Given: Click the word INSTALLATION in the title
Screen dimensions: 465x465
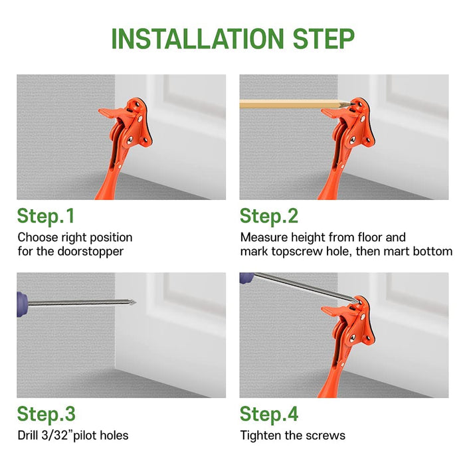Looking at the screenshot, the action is [x=197, y=39].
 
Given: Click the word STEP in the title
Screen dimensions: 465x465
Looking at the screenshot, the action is [x=324, y=39].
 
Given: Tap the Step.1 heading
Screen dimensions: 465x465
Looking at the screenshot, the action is [x=46, y=216].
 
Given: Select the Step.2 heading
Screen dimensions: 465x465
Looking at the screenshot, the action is [x=269, y=216].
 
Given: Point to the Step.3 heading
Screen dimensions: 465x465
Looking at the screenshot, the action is [x=46, y=414].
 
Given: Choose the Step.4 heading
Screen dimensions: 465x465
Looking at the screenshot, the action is [x=269, y=414].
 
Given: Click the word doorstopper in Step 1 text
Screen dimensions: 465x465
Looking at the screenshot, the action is [x=90, y=252].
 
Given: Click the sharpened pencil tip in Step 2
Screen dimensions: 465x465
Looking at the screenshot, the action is [x=354, y=104].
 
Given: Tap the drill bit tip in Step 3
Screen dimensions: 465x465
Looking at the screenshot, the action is [x=135, y=302].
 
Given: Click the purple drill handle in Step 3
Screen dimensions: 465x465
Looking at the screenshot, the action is [x=22, y=304].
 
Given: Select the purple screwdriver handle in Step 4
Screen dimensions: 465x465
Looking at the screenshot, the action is [x=246, y=278].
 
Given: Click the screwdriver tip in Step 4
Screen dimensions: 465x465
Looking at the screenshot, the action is [x=358, y=302].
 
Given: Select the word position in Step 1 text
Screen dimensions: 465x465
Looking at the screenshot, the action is [x=111, y=238].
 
